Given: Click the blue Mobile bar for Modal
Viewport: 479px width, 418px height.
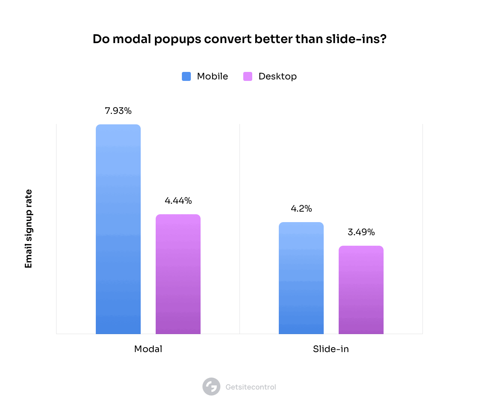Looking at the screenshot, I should coord(118,229).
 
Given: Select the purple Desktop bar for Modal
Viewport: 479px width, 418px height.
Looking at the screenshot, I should coord(178,274).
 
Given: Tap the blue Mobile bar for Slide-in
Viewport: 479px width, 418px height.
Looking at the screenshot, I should coord(301,278).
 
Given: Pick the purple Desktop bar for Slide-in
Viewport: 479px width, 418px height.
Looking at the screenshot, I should coord(361,290).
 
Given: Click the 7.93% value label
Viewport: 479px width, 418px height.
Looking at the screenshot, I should coord(118,111).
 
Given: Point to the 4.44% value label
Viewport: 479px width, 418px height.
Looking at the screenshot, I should coord(178,201).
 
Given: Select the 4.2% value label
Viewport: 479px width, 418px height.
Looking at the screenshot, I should coord(301,209).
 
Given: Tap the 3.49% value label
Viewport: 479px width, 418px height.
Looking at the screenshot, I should coord(361,232).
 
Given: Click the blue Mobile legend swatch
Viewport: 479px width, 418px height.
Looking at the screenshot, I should coord(186,76).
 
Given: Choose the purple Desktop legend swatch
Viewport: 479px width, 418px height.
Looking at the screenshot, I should coord(248,76).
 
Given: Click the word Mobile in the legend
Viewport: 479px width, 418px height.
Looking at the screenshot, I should coord(213,76).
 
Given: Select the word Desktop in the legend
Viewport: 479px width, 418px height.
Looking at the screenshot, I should coord(278,76).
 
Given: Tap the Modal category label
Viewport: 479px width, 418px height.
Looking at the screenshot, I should coord(148,349).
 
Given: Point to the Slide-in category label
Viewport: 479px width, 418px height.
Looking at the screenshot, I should coord(331,349).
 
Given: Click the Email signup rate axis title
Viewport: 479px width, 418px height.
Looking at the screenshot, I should coord(28,229).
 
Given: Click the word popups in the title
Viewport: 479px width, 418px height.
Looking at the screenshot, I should coord(178,39).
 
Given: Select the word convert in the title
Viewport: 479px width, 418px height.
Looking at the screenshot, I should coord(228,39).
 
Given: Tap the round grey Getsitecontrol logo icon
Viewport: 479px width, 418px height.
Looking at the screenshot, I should coord(211,387).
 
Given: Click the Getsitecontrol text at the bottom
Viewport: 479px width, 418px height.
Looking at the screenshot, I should coord(251,387).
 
